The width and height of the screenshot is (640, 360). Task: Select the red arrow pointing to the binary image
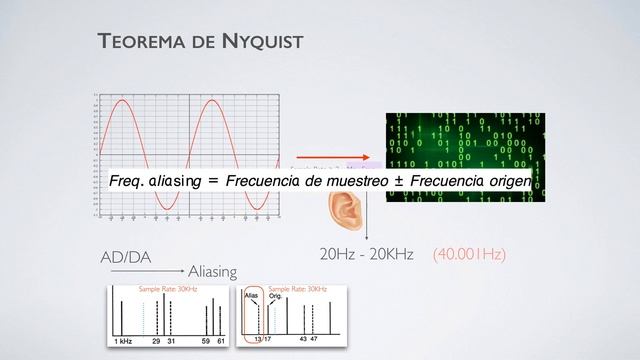pos(325,157)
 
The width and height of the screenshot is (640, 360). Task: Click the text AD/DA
pos(126,257)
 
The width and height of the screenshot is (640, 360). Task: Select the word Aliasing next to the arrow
pos(212,271)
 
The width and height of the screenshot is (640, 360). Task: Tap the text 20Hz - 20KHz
pos(365,255)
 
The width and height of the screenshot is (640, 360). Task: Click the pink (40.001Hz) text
pos(469,255)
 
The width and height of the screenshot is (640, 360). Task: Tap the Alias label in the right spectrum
pos(253,297)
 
